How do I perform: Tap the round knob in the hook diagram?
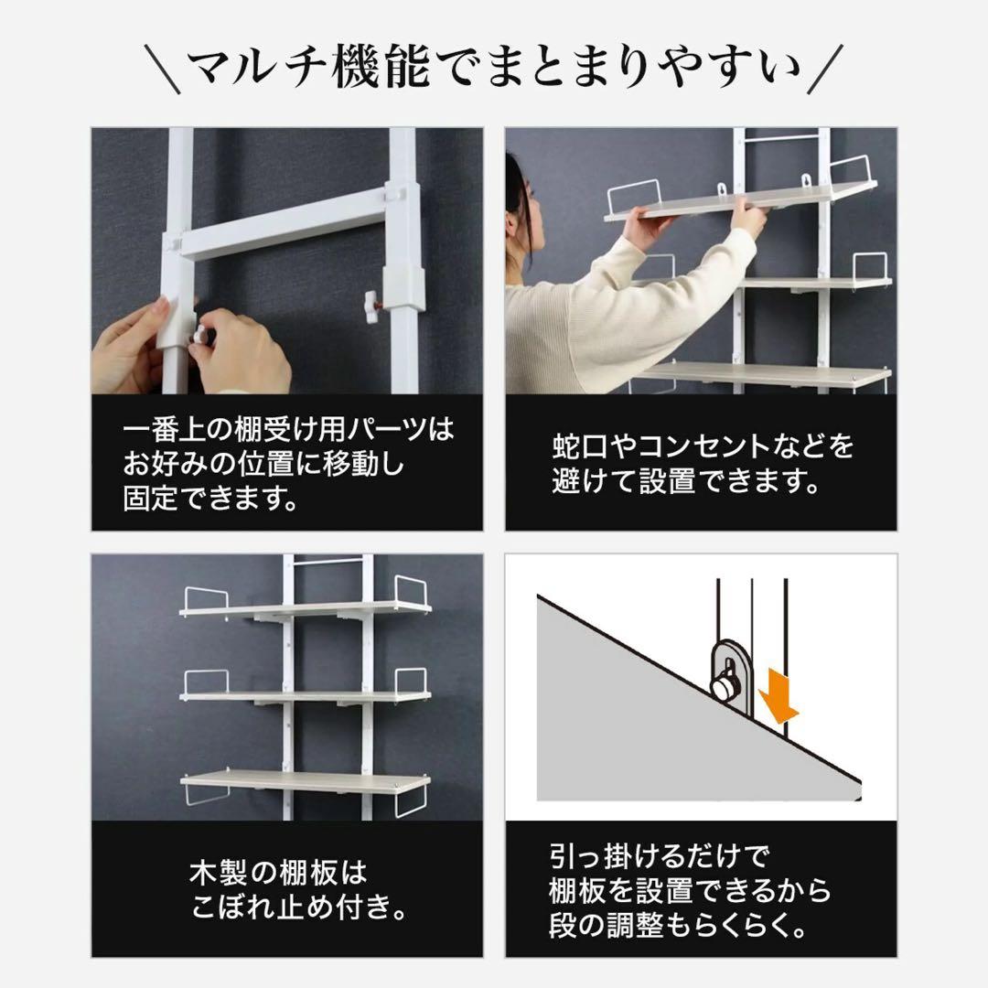pyautogui.click(x=726, y=683)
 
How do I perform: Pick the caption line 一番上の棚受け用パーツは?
pyautogui.click(x=288, y=430)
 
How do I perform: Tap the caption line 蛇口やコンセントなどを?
pyautogui.click(x=703, y=446)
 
